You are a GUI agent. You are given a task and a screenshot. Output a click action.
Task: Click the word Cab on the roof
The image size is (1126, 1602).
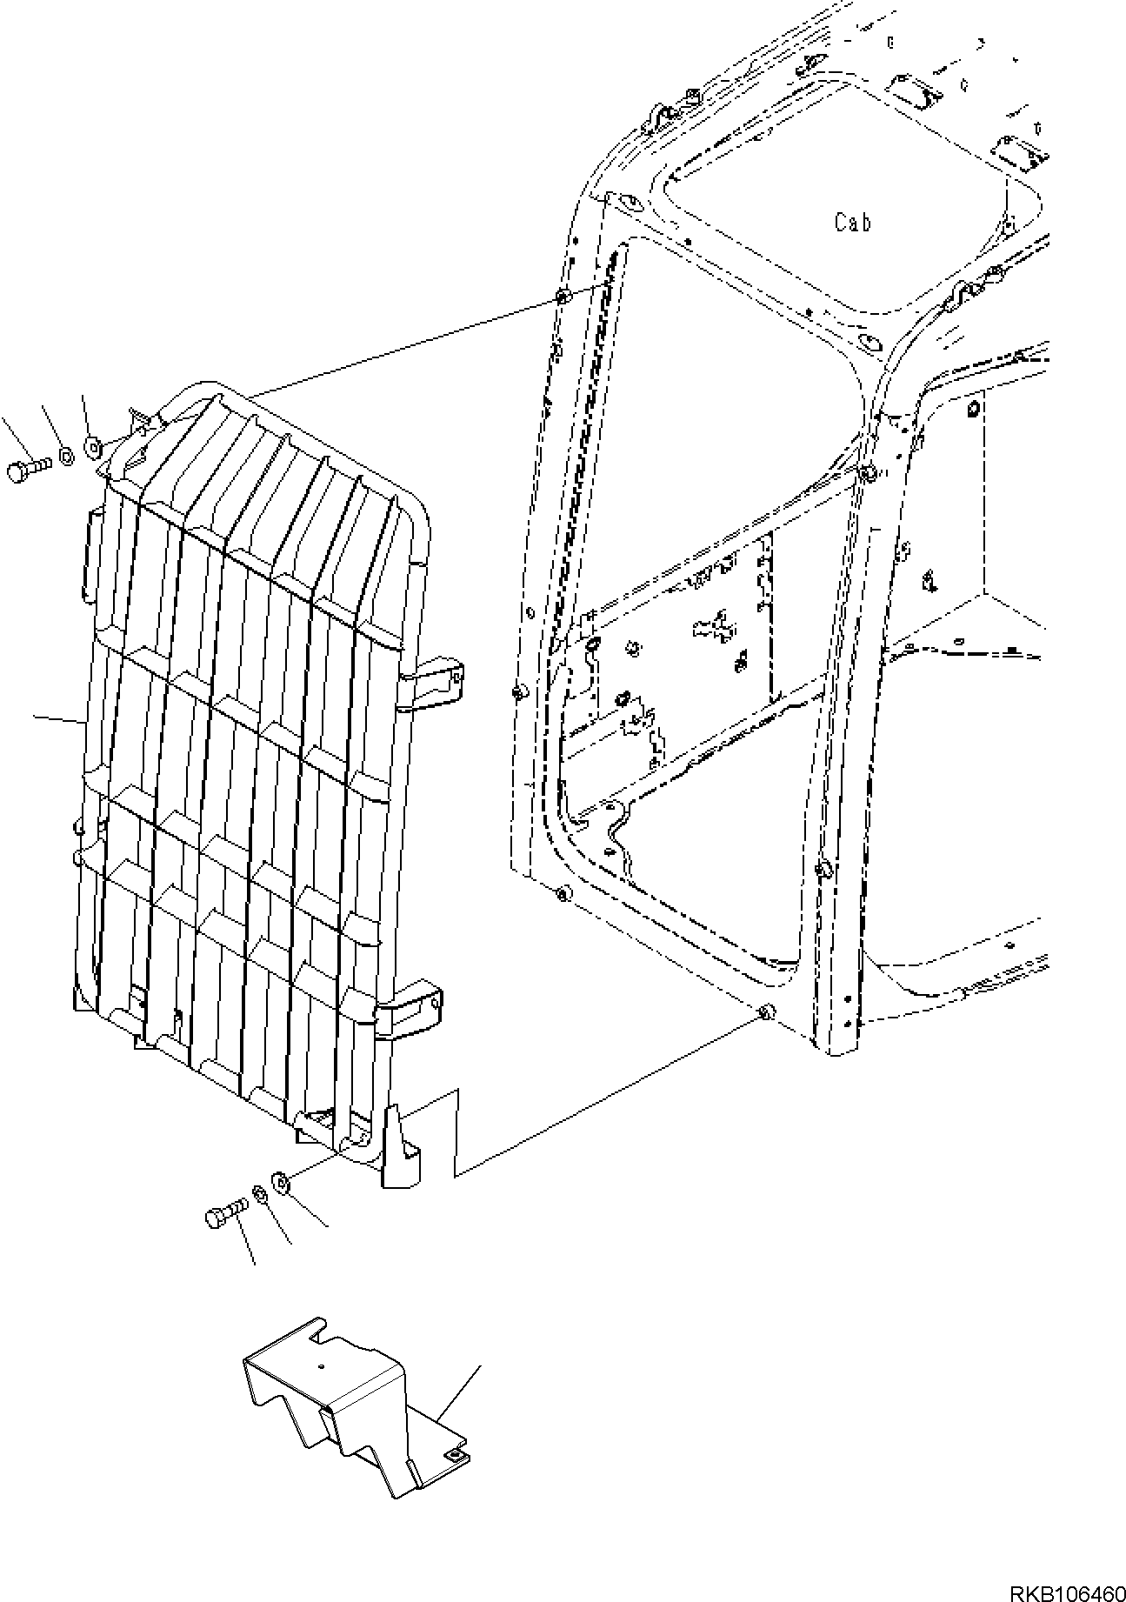(852, 223)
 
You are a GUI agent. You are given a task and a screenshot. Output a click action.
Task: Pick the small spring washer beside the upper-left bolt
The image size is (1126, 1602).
(66, 456)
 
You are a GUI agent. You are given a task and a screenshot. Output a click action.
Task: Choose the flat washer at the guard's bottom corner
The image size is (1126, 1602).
(281, 1182)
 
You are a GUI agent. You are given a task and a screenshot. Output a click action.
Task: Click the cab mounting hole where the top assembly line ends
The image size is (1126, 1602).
(561, 298)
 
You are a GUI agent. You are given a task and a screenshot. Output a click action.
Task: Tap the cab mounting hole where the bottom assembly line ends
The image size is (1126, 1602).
(765, 1012)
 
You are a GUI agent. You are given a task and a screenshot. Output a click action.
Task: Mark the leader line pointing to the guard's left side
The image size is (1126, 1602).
(59, 719)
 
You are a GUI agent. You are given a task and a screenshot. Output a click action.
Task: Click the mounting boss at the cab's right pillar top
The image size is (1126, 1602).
(866, 472)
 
